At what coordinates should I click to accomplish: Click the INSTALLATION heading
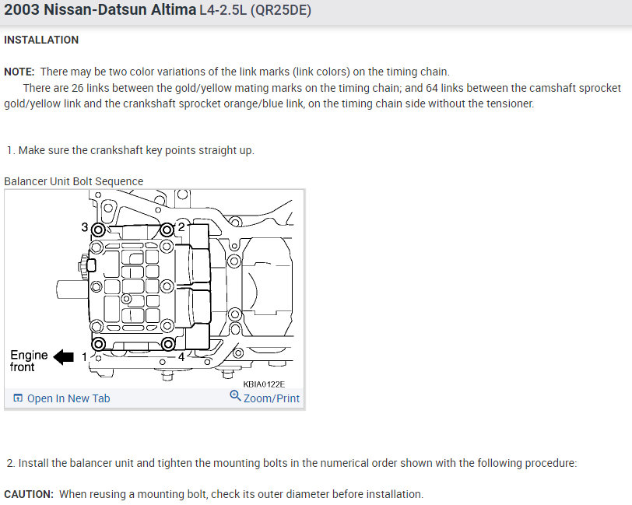pos(41,40)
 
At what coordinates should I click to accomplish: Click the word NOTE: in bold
pos(19,72)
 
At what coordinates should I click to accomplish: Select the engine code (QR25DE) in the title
pos(280,9)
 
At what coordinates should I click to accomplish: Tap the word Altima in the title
pos(174,9)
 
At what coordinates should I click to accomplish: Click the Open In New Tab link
pos(61,398)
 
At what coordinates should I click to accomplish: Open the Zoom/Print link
pos(272,398)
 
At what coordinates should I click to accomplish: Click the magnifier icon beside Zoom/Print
pos(235,396)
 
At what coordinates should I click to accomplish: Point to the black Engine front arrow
pos(64,356)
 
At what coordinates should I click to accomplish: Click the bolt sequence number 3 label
pos(85,227)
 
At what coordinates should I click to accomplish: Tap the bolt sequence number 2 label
pos(181,227)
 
